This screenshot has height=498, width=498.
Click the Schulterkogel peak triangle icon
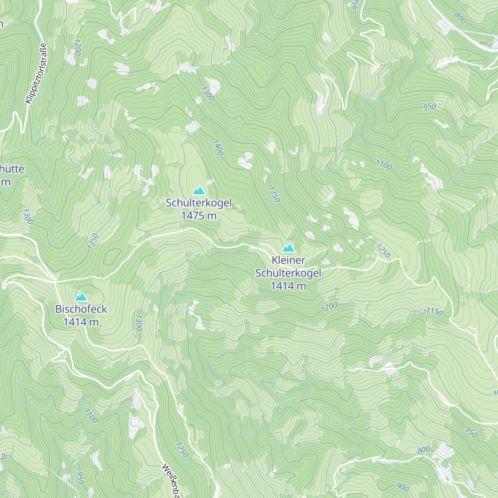(199, 190)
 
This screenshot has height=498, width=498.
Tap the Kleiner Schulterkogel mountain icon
(288, 248)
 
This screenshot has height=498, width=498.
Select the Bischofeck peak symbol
(81, 297)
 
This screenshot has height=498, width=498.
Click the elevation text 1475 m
(199, 215)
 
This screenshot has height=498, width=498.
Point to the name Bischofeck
(81, 309)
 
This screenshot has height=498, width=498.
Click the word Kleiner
(288, 260)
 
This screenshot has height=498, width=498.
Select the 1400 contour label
(218, 147)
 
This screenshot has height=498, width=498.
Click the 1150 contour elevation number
(435, 311)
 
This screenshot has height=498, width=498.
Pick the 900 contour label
(403, 487)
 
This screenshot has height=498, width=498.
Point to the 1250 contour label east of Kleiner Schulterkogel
(383, 250)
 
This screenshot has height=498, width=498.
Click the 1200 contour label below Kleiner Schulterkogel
(329, 307)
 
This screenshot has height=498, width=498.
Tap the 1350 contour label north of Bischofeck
(93, 241)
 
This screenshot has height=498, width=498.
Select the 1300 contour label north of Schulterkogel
(207, 93)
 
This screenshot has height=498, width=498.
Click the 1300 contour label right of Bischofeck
(139, 322)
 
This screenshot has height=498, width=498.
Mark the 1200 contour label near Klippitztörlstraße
(77, 47)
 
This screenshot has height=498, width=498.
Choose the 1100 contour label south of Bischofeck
(90, 415)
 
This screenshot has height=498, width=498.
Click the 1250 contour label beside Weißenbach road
(182, 449)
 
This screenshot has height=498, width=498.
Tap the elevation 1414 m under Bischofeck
(81, 322)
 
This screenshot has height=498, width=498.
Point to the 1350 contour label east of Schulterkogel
(274, 194)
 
